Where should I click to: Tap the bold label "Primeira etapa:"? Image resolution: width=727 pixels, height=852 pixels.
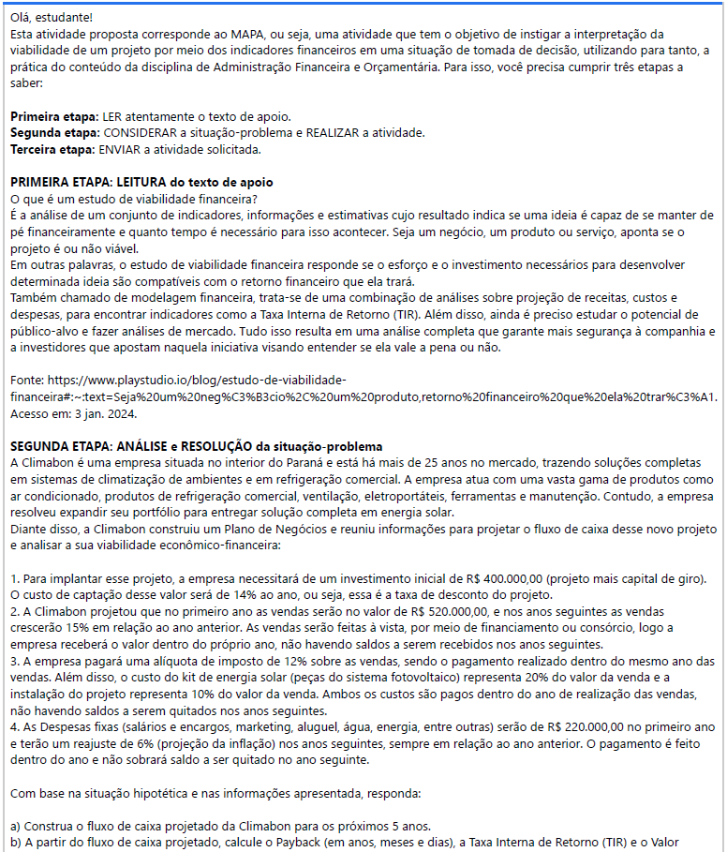(x=53, y=117)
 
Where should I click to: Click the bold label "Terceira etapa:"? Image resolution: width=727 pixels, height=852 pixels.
(x=52, y=149)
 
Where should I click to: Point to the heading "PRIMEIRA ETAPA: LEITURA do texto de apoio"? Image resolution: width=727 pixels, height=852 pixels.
(x=141, y=182)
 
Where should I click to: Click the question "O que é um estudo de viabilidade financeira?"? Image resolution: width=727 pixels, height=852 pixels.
(x=133, y=198)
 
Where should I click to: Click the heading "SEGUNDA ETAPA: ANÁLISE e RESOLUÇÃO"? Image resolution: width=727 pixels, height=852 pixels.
(x=141, y=445)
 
